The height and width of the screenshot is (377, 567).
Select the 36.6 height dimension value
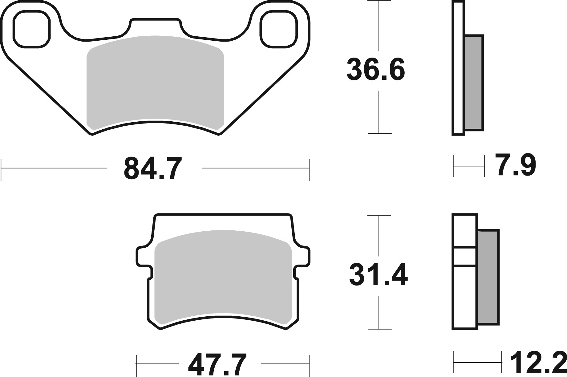coord(375,70)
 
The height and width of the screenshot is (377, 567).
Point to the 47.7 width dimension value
coord(218,365)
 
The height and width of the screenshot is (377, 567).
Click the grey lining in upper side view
coord(473,83)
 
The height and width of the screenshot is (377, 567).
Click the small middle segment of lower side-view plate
coord(465,256)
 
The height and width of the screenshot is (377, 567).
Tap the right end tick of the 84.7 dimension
coord(309,170)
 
